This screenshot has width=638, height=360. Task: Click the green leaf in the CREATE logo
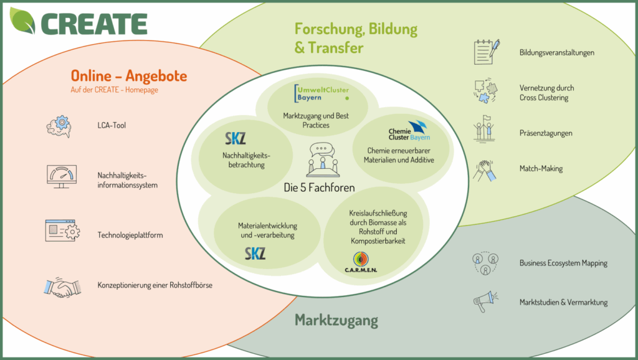pos(23,21)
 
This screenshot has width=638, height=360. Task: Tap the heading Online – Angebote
pos(129,76)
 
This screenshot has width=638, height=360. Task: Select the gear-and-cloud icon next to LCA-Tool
pos(59,126)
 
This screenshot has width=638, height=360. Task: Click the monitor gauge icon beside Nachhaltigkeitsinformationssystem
pos(62,178)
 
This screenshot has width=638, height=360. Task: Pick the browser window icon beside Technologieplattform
pos(62,230)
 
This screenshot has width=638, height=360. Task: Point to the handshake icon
pos(62,287)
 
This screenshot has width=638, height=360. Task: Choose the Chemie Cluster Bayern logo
pos(409,131)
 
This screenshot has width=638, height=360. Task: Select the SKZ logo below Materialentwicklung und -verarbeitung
pos(255,253)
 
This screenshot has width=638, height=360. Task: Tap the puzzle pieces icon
pos(485,91)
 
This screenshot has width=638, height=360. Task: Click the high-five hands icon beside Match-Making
pos(487,169)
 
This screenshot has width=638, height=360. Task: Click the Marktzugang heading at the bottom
pos(336,321)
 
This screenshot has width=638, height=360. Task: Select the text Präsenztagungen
pos(546,133)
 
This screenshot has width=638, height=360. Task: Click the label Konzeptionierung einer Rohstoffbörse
pos(155,286)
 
